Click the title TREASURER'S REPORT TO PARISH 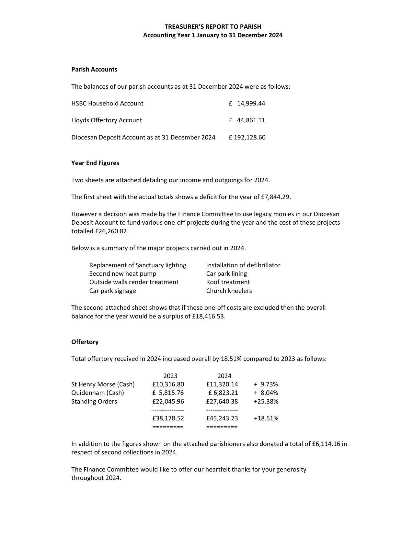pos(213,27)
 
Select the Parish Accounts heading pos(94,69)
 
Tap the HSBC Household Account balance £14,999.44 pos(247,103)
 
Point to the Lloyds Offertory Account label pos(107,120)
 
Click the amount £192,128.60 pos(247,137)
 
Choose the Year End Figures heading pos(95,163)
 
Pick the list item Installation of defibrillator pos(243,265)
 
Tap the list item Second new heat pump pos(123,273)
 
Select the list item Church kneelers pos(229,291)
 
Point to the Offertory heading pos(85,342)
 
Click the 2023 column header pos(170,376)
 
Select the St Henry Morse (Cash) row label pos(103,384)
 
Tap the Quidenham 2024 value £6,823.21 pos(223,393)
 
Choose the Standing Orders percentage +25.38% pos(266,401)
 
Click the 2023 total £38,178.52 pos(168,418)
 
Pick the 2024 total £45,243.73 pos(222,418)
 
